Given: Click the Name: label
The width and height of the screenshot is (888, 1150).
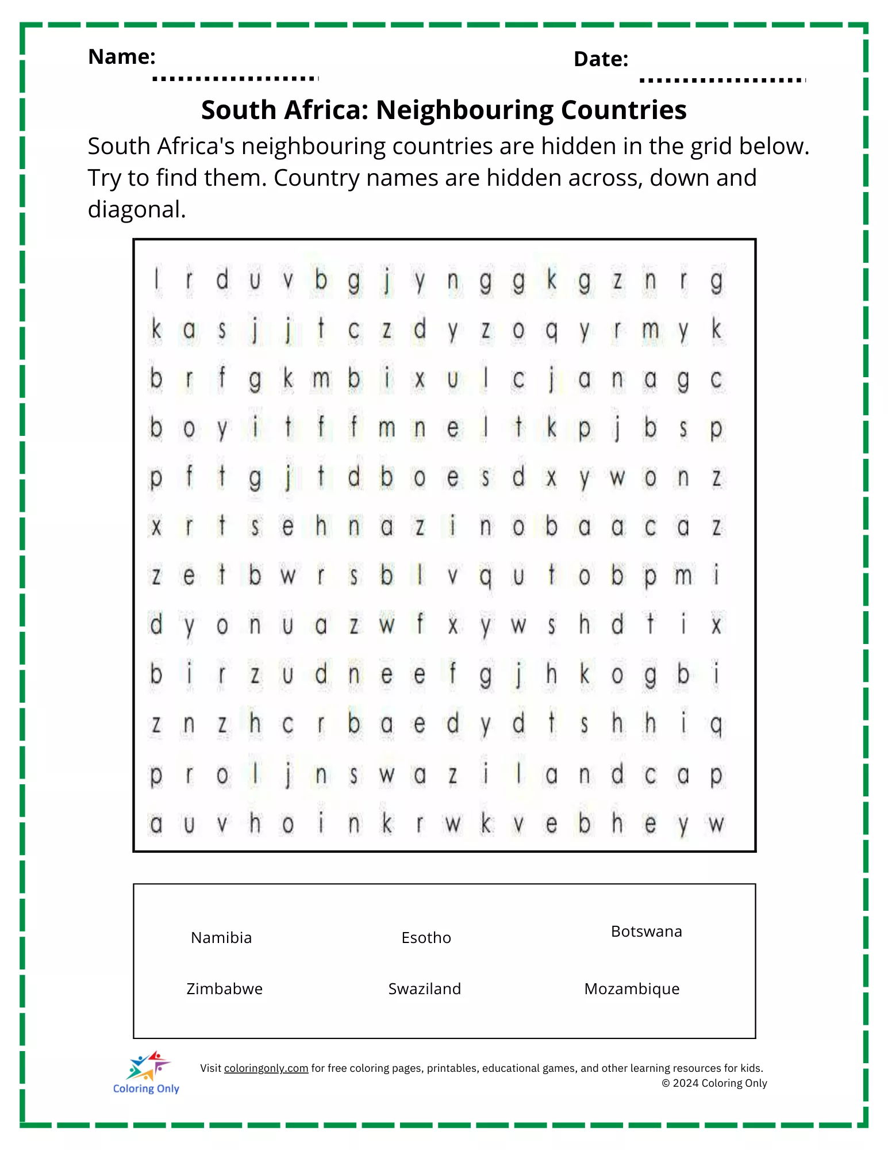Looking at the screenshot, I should pos(121,57).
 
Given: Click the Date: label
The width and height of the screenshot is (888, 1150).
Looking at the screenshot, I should pos(601,59).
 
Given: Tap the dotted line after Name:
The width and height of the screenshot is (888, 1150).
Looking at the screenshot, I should pos(235,78).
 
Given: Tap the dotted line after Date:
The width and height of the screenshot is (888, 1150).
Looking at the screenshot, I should pos(722,80).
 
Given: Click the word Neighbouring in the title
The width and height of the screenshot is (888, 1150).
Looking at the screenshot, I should pos(464,110).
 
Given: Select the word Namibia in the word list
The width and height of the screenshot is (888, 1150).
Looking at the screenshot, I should pos(221,938).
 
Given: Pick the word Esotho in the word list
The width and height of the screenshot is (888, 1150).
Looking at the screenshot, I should pos(426,938).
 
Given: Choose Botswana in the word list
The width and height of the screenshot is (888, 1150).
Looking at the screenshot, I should pos(646,931).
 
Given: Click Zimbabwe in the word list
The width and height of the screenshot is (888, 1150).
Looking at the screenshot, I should pos(224,989).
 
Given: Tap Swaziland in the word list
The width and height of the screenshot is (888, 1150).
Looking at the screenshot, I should pos(424,989).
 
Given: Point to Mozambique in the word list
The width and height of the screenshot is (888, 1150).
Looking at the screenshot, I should pos(632,989).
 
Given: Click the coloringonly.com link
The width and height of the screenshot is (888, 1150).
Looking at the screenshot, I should pos(266,1068).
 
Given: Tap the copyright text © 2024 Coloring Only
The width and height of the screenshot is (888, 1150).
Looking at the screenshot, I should pos(714,1083).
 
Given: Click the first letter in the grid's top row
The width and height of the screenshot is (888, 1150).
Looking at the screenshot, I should pos(156,281).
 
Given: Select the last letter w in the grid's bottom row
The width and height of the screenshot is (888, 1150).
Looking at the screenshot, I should pos(716,824).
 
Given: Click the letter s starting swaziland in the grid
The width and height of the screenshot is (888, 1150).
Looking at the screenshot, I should pos(353,776).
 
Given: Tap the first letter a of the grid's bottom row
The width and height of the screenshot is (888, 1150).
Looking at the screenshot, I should pos(156,824).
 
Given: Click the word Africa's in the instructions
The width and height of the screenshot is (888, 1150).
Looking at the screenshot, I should pos(195,147).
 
